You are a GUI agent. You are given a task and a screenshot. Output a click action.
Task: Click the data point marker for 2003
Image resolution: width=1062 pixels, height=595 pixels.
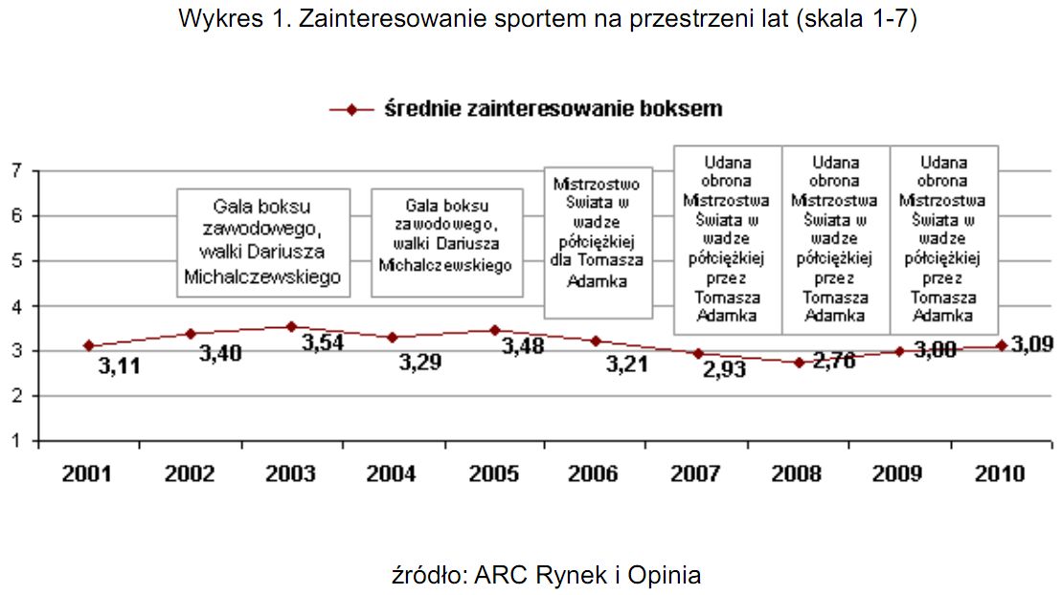[292, 326]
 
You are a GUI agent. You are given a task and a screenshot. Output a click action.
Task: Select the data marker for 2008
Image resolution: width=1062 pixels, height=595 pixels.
[799, 363]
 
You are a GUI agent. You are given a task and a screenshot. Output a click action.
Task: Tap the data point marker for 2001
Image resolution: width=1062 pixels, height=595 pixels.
[88, 345]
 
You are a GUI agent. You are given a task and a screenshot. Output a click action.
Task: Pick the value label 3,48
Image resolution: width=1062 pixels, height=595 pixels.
[523, 345]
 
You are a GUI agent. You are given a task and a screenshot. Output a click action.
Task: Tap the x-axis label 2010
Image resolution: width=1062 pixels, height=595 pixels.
[1000, 474]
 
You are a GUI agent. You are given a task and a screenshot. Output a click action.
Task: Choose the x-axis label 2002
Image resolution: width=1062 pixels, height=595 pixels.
[190, 474]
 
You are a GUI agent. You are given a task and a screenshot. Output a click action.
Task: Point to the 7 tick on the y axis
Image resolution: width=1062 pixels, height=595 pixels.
[16, 171]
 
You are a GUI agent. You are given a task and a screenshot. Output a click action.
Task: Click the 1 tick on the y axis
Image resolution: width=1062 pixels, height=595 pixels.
[16, 442]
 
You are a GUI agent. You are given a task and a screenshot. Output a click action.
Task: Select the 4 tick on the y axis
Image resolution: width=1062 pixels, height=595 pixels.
[16, 307]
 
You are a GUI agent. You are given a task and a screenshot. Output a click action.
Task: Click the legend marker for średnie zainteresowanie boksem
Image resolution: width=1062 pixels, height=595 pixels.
[350, 110]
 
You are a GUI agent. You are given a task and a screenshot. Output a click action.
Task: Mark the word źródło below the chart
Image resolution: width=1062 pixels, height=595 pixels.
[426, 575]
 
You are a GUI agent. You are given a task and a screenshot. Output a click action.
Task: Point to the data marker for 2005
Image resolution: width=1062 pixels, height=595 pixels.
[494, 330]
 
